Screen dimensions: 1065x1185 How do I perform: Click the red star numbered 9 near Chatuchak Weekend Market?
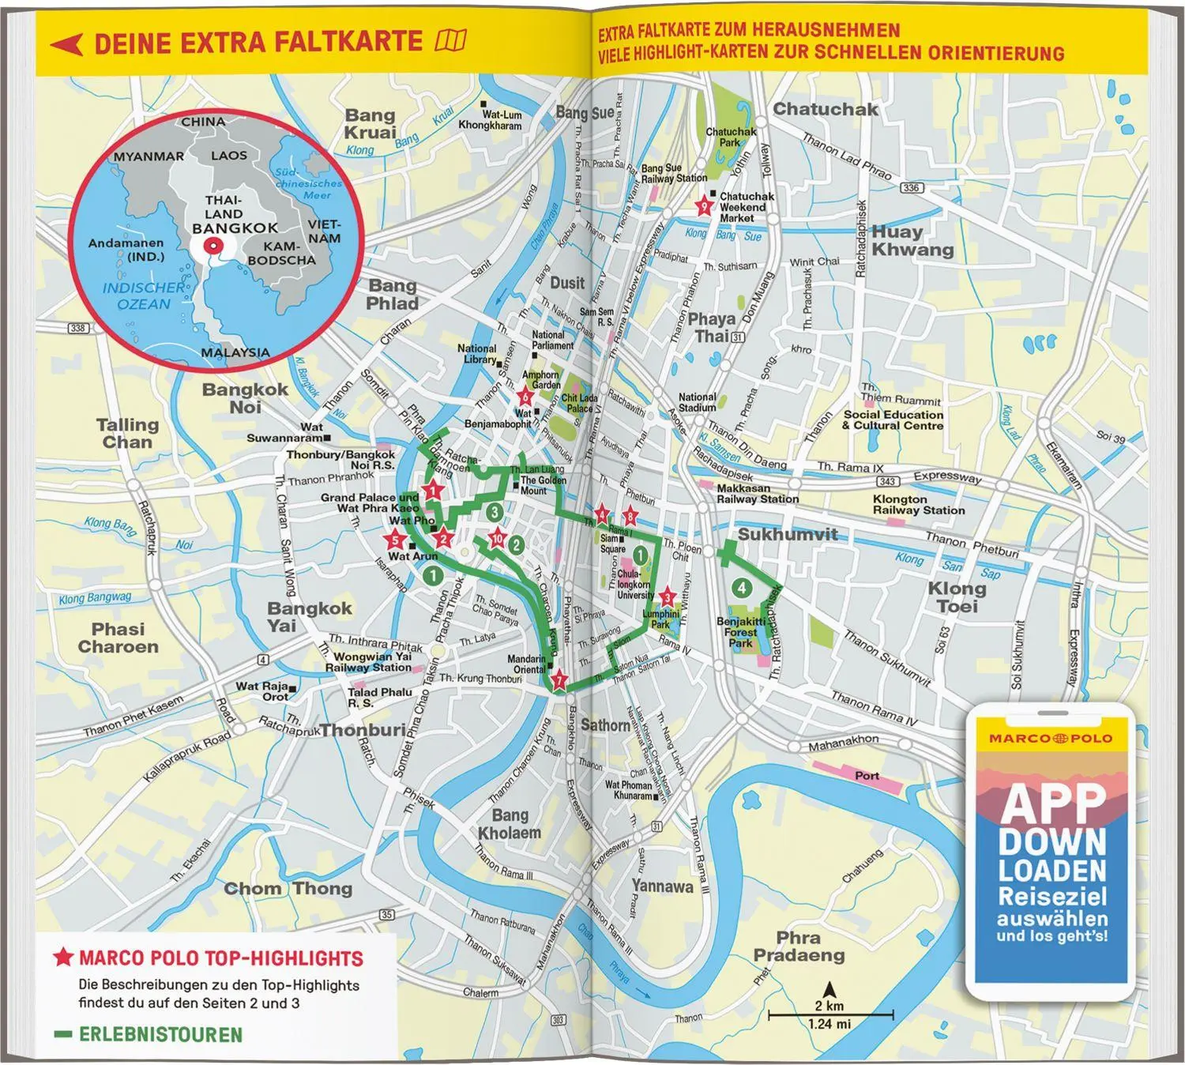pyautogui.click(x=703, y=207)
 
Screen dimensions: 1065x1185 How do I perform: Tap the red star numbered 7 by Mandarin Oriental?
pyautogui.click(x=559, y=679)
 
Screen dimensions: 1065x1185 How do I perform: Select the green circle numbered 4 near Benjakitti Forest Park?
pyautogui.click(x=741, y=587)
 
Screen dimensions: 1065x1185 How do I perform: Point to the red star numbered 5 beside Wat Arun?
pyautogui.click(x=395, y=540)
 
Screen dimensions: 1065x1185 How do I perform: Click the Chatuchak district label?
pyautogui.click(x=825, y=110)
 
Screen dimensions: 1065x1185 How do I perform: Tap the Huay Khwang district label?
pyautogui.click(x=912, y=240)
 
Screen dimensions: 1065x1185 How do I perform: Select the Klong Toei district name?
pyautogui.click(x=957, y=597)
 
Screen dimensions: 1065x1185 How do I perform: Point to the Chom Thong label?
pyautogui.click(x=288, y=888)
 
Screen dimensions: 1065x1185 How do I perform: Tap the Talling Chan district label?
pyautogui.click(x=127, y=433)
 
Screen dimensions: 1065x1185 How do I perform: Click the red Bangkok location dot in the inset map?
pyautogui.click(x=212, y=246)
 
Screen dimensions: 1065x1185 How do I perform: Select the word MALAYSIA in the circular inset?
pyautogui.click(x=235, y=352)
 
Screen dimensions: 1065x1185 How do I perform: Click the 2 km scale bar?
pyautogui.click(x=829, y=1014)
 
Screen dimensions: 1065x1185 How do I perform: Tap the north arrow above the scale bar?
pyautogui.click(x=829, y=988)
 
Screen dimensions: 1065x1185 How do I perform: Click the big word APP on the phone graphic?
pyautogui.click(x=1053, y=803)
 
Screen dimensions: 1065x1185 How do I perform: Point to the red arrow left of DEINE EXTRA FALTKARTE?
pyautogui.click(x=66, y=43)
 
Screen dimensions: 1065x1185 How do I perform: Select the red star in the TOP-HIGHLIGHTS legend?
pyautogui.click(x=62, y=958)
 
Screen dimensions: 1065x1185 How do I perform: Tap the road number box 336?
pyautogui.click(x=911, y=187)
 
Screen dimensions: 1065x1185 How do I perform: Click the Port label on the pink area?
pyautogui.click(x=867, y=775)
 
